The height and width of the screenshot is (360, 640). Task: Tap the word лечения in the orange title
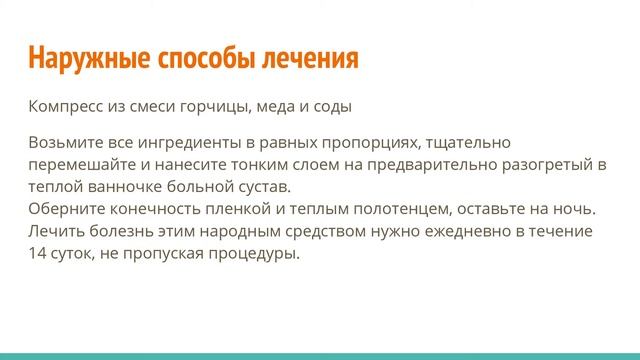point(308,58)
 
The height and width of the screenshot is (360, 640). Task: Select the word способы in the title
point(203,58)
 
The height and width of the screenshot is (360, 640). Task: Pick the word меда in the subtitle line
point(277,106)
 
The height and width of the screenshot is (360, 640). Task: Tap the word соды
point(333,106)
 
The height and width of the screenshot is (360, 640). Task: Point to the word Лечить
point(55,231)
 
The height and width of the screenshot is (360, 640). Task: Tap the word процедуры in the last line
point(255,253)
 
